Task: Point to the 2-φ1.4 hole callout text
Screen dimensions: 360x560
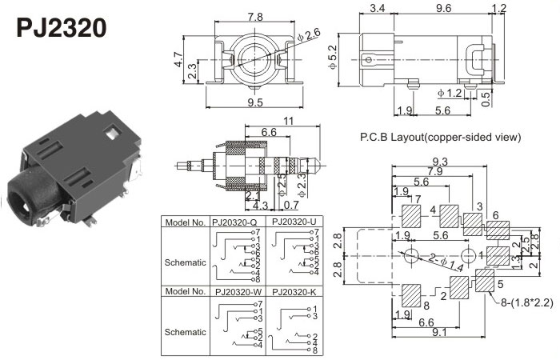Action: pos(443,260)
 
